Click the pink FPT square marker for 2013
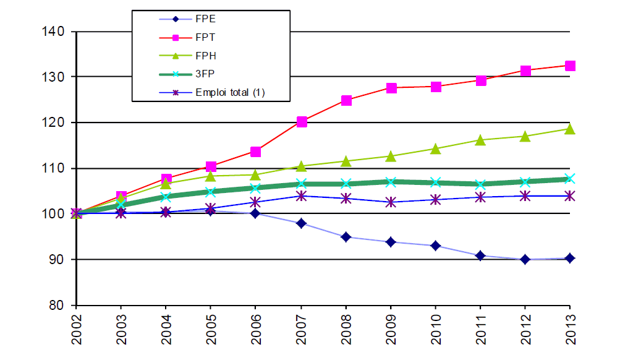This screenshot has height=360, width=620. (570, 66)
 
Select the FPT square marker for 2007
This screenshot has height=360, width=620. (302, 122)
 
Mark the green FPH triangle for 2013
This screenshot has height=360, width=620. (570, 129)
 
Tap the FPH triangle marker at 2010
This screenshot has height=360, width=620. (435, 148)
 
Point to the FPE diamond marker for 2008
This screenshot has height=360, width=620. (346, 237)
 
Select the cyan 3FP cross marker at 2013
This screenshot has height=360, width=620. (570, 179)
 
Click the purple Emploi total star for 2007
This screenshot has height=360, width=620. (302, 196)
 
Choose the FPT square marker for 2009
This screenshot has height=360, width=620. (391, 88)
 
